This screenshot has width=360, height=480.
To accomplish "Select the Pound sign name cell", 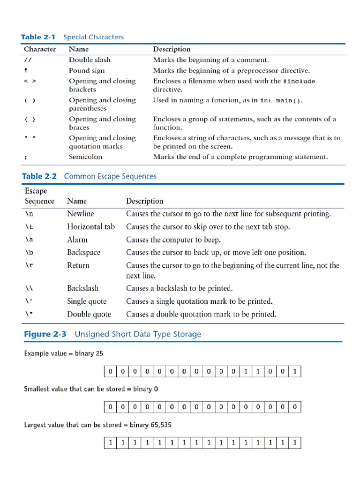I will tap(87, 70).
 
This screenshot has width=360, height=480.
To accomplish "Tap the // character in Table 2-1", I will tap(28, 60).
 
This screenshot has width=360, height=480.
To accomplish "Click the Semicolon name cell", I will tap(85, 157).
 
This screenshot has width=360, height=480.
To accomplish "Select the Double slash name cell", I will tap(90, 60).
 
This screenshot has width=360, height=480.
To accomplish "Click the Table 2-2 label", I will tap(39, 176).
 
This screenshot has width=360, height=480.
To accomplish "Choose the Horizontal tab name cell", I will tap(90, 226).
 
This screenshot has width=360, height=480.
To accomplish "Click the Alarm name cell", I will tap(77, 240).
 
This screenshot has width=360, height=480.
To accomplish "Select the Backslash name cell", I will tap(82, 288).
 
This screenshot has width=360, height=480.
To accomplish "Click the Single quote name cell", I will tap(86, 301).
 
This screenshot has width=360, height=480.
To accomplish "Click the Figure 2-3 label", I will tap(45, 334).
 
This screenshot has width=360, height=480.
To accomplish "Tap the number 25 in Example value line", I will tap(99, 353).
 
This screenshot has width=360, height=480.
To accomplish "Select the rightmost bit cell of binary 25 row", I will tap(295, 372).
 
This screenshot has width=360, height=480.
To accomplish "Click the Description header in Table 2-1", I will tap(172, 49).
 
